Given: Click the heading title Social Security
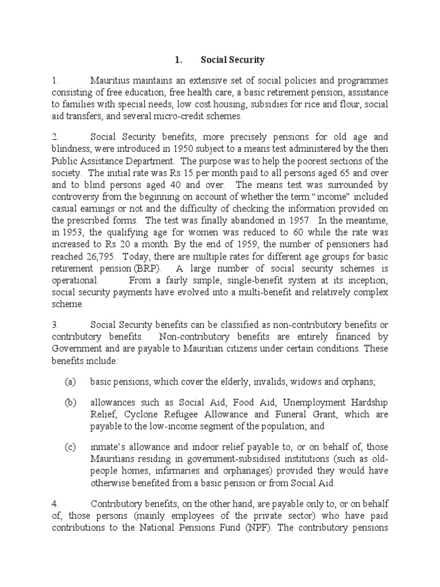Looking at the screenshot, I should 233,59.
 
